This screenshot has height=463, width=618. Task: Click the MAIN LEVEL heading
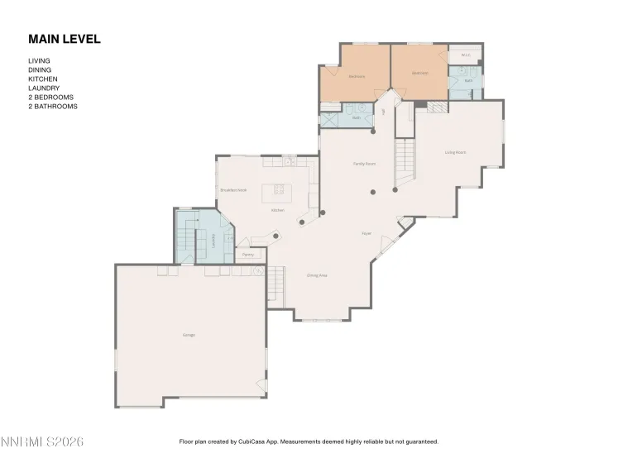click(64, 39)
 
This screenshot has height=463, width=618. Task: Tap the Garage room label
click(189, 335)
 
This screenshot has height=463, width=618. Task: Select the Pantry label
click(248, 255)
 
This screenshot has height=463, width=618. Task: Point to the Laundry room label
click(213, 240)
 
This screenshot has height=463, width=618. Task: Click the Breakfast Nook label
click(232, 190)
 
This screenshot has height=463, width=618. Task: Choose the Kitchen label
click(278, 210)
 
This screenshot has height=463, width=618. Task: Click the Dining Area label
click(317, 274)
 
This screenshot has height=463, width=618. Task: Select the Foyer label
click(366, 234)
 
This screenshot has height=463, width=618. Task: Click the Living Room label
click(455, 152)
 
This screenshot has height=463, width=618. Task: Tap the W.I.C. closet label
click(465, 56)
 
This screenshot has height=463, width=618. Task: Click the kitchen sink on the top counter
click(289, 162)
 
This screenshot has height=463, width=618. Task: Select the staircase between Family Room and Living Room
click(405, 162)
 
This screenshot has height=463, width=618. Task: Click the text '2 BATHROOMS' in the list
click(53, 107)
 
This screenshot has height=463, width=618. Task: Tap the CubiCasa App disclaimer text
click(309, 442)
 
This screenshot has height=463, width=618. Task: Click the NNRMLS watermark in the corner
click(42, 442)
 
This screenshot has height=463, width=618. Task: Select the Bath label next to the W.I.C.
click(467, 81)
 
